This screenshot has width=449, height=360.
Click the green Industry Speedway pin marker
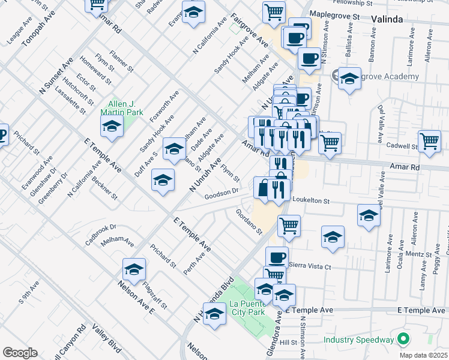[x=404, y=339]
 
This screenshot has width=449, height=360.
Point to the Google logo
[x=20, y=352]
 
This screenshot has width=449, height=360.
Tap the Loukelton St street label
[x=312, y=198]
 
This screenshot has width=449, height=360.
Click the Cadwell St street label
[x=402, y=146]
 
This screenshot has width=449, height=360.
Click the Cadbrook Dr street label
[x=100, y=234]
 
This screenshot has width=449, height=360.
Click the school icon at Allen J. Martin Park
[x=112, y=125]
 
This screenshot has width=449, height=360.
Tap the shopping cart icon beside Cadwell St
[x=430, y=141]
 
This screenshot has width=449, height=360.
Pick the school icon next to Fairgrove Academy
[x=349, y=78]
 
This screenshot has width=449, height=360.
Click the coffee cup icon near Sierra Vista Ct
[x=277, y=258]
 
